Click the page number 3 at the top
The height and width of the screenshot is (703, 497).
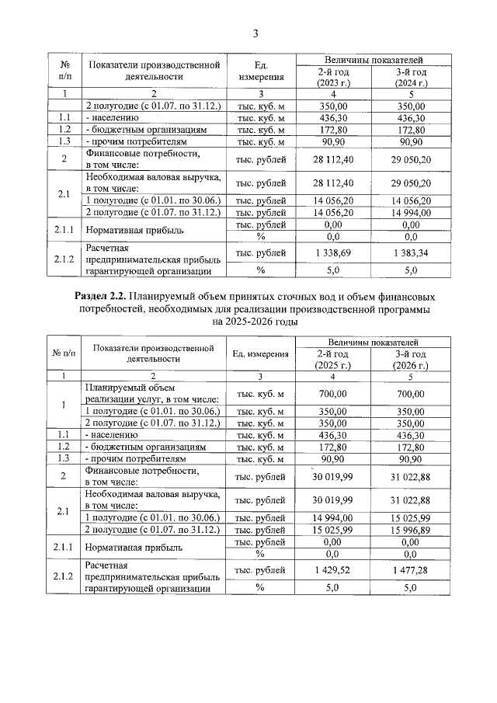[x=254, y=32]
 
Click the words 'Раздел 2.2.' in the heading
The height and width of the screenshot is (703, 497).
[x=101, y=297]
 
